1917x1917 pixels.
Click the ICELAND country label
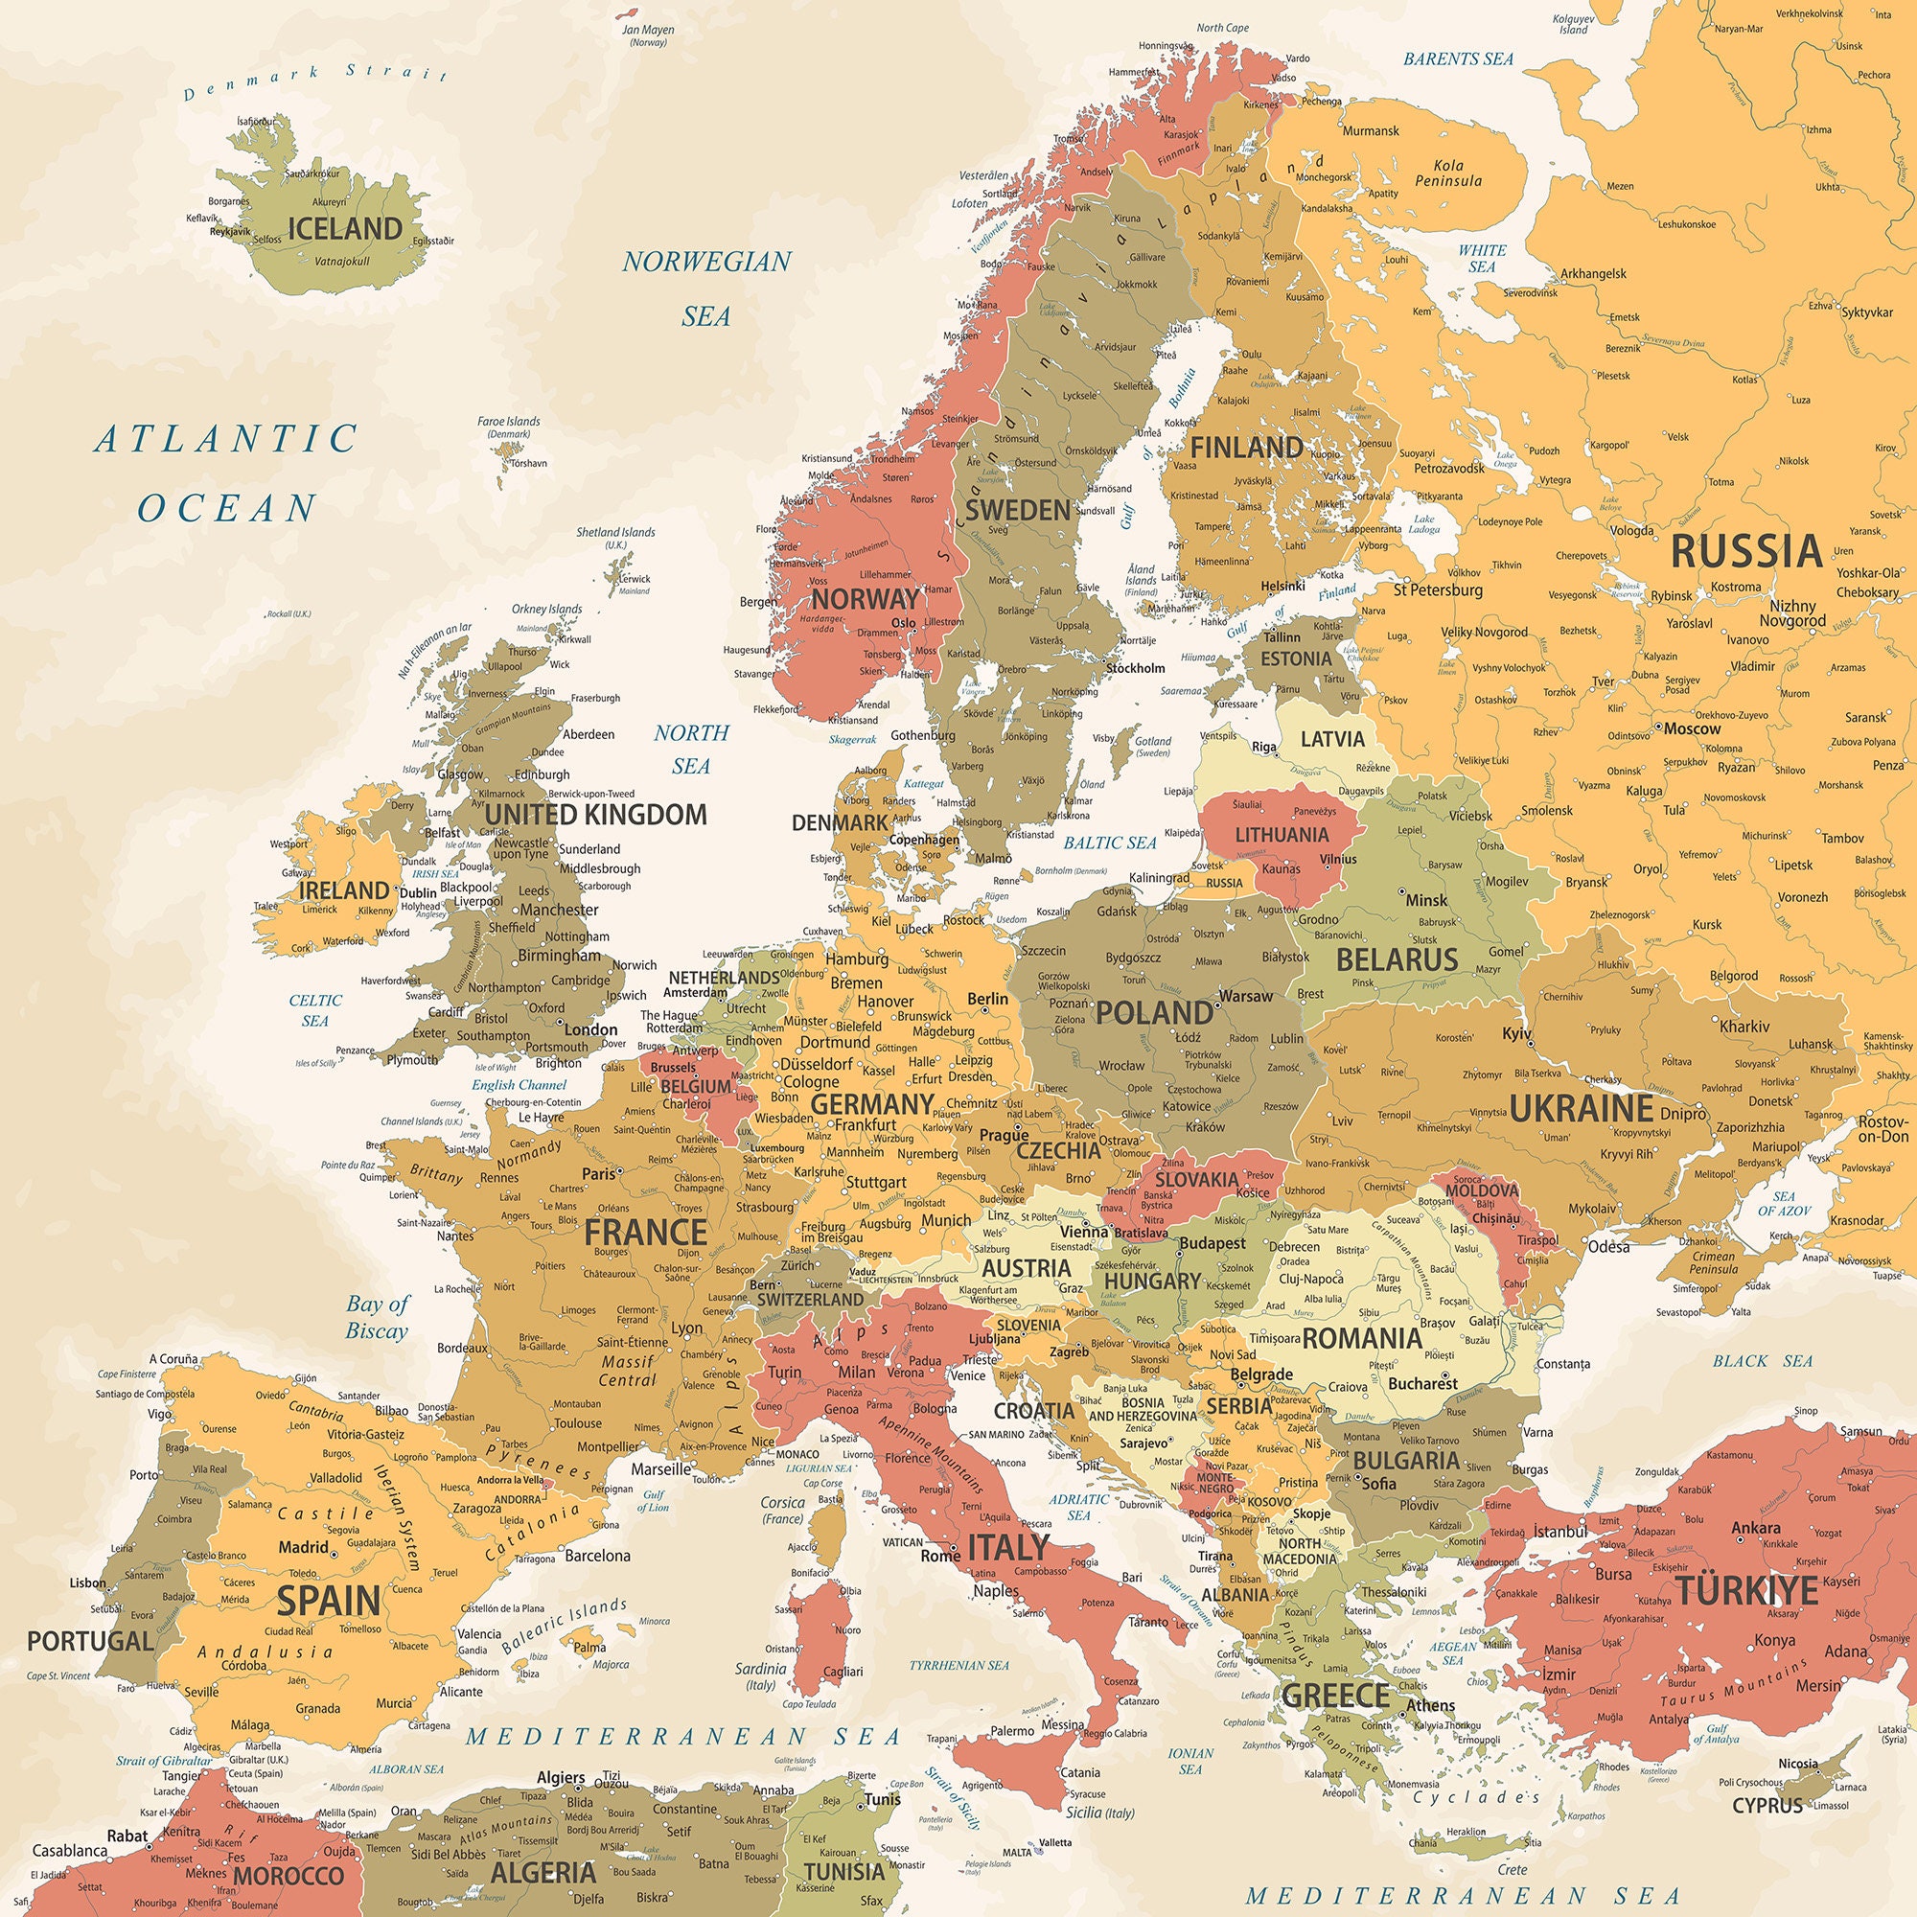tap(344, 228)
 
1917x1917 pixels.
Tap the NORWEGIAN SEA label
tap(706, 288)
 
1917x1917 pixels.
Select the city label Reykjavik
tap(230, 231)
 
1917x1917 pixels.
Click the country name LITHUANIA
tap(1281, 835)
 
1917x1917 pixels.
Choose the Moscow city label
tap(1692, 728)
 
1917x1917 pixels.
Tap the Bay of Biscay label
tap(377, 1317)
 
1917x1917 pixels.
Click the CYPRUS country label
tap(1767, 1805)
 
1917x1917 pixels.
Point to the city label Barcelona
tap(596, 1555)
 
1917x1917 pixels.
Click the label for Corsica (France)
tap(782, 1511)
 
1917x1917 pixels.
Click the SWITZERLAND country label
tap(810, 1299)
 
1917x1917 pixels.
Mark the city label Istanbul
tap(1560, 1532)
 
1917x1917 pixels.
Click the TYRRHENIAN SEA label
tap(958, 1665)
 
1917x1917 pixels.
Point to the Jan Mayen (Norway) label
tap(648, 35)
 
